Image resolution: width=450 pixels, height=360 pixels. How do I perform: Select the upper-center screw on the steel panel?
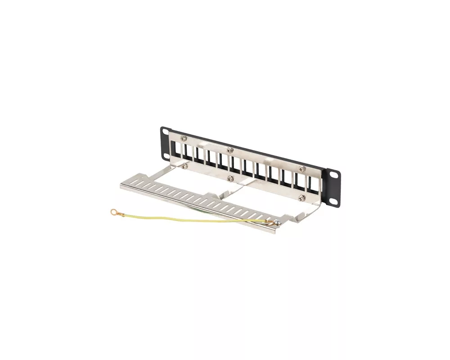point(230,149)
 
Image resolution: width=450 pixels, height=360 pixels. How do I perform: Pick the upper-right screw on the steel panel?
point(303,169)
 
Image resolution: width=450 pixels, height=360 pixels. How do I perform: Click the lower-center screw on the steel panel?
point(230,179)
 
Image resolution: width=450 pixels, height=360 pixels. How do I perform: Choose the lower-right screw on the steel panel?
point(302,197)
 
